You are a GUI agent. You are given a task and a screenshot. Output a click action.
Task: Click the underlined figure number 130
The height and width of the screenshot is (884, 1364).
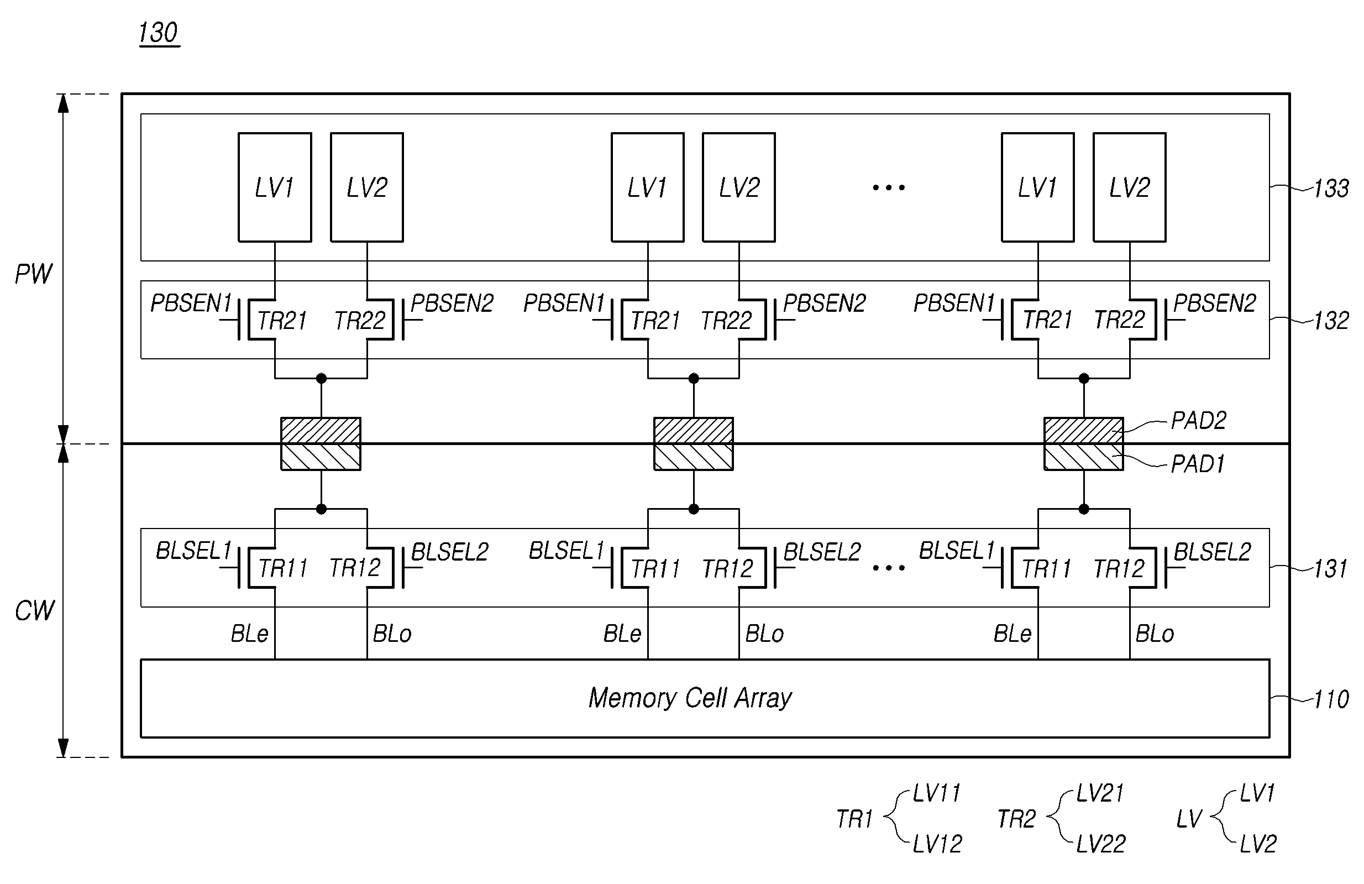158,33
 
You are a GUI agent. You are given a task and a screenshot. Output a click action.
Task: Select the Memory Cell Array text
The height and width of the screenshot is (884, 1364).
690,698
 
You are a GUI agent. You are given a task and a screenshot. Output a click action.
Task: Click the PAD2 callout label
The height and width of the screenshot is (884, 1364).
1198,421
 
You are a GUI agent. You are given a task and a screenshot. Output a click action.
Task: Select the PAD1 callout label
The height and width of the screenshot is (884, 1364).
1197,464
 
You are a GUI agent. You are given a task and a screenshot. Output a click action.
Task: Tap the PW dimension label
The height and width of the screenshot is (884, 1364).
33,274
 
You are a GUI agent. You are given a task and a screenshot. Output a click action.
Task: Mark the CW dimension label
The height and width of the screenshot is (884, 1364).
34,610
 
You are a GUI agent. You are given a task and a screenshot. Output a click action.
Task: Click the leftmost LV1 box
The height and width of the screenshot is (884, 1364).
275,187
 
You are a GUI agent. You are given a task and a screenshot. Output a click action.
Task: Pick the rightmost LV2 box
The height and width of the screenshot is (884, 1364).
1129,187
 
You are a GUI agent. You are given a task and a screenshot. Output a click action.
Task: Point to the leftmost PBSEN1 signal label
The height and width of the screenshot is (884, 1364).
191,303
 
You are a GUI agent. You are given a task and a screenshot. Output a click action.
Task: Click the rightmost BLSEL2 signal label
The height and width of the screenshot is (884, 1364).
1212,552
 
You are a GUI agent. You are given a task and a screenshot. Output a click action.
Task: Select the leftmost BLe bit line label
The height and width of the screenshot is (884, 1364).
249,634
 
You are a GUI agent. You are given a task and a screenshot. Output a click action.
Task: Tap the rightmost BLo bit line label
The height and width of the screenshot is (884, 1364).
1154,634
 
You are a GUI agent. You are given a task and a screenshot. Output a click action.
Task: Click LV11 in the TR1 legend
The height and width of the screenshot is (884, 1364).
936,793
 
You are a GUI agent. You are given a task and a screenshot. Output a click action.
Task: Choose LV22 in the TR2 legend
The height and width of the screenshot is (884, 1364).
1100,844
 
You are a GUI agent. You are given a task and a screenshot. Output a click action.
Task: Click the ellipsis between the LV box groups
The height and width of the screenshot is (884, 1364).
888,187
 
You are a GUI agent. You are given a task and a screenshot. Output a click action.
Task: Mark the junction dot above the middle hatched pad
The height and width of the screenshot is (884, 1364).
694,378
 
